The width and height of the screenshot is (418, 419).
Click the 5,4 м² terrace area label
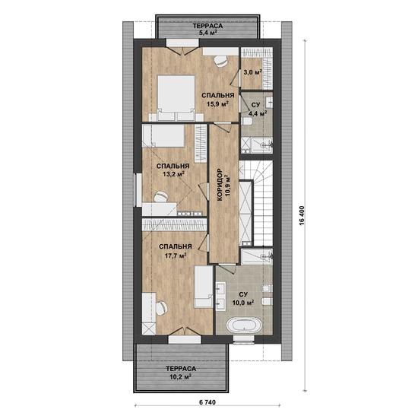coord(207,33)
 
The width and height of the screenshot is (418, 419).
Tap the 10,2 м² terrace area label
coord(181,376)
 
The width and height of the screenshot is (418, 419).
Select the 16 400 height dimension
coord(302,216)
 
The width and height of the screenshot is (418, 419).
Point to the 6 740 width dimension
coord(207,402)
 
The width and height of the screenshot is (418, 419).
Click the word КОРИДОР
coord(220,185)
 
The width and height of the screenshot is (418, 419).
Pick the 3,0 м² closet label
coord(252,72)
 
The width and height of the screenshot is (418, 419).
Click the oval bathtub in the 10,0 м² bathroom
coord(245,325)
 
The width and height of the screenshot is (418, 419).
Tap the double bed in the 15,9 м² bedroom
coord(176,98)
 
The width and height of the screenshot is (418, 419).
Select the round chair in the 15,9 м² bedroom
coord(221,61)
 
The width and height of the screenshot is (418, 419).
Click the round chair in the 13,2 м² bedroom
coord(161,196)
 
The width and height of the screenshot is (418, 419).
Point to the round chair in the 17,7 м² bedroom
coord(161,308)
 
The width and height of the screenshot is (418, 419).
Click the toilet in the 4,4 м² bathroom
coord(246,121)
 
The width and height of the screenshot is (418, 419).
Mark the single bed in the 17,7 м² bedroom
coord(203,286)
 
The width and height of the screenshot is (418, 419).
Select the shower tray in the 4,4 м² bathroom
coord(257,145)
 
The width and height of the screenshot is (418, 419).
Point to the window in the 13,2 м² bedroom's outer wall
coord(138,189)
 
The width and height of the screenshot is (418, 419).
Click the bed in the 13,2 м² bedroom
coord(163,136)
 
